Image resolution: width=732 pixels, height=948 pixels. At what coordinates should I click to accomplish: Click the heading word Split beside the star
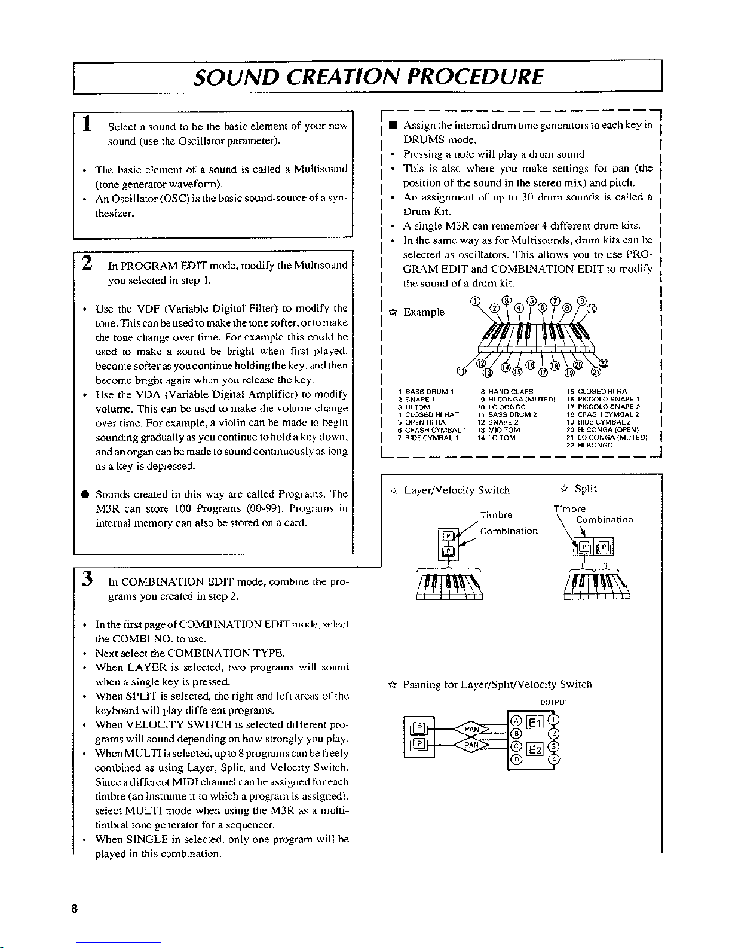click(x=586, y=489)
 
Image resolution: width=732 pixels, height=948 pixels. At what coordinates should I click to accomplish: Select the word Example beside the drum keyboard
click(x=424, y=312)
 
